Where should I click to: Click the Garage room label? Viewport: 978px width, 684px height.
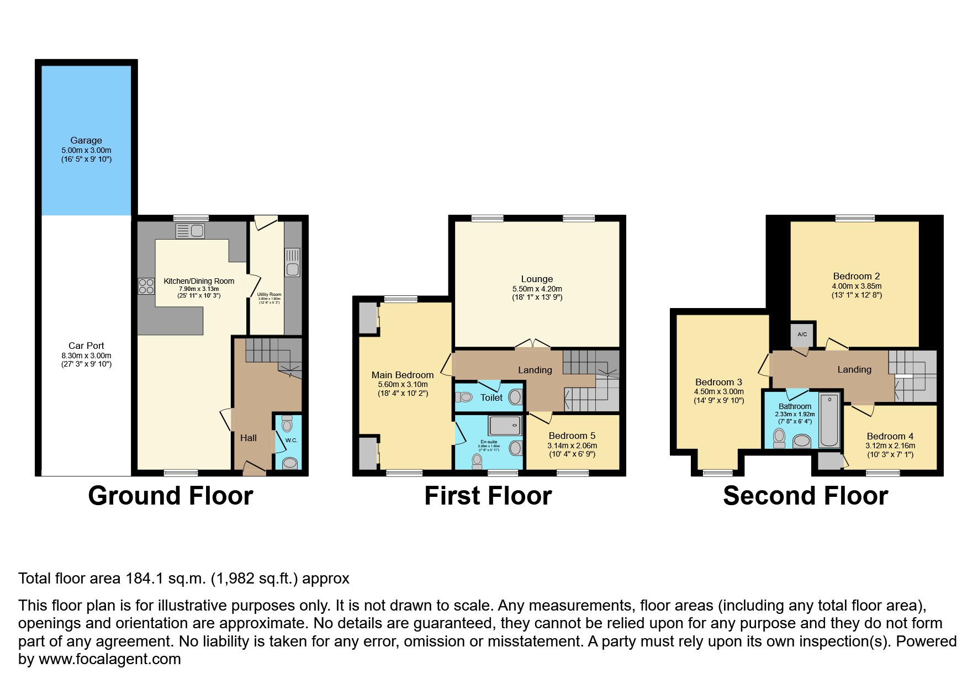(86, 140)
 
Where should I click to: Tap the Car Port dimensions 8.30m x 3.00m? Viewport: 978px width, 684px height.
(86, 356)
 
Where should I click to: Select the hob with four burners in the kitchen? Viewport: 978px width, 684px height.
(146, 286)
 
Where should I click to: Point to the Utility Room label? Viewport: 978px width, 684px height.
(269, 294)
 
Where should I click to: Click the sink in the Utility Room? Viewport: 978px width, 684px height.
(292, 269)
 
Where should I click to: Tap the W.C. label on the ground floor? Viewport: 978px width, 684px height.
(291, 440)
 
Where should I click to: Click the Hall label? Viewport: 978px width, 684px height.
(248, 438)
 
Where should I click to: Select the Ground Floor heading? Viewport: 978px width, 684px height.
(170, 495)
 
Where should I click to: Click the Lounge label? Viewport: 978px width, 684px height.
(536, 279)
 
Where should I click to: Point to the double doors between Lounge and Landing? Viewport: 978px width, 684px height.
(532, 344)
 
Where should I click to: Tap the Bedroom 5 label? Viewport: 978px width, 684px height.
(572, 436)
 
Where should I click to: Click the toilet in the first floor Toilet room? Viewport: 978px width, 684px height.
(465, 396)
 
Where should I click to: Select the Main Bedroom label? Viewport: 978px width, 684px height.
(402, 375)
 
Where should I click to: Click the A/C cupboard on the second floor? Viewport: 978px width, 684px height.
(802, 334)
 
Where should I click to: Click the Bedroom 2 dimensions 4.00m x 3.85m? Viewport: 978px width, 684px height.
(856, 286)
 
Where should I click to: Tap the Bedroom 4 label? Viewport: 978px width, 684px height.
(890, 436)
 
